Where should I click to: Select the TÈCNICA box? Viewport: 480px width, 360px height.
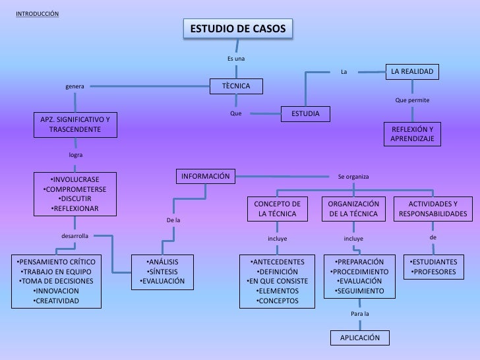235,86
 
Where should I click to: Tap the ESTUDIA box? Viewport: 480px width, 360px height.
305,114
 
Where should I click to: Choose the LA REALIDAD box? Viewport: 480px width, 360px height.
412,71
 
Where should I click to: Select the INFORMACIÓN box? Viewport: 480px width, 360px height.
206,176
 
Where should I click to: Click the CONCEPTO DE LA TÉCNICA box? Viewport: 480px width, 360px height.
277,209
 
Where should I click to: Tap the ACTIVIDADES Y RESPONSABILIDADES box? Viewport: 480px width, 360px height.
432,209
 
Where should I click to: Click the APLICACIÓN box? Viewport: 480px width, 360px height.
360,338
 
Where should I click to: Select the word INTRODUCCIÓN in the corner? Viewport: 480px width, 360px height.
37,14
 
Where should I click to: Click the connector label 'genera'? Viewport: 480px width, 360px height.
75,86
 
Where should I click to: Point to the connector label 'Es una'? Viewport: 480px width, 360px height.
236,59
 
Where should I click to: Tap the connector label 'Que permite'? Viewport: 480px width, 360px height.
412,100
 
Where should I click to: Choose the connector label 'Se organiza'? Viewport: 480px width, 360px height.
353,177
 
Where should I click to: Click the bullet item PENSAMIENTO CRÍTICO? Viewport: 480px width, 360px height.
56,262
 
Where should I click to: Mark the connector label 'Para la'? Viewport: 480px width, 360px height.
360,314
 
